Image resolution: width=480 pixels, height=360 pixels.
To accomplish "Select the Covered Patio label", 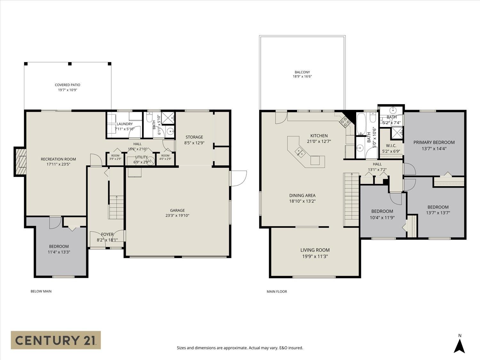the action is (x=67, y=85).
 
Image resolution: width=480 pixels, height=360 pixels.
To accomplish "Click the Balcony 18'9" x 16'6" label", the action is (x=302, y=74).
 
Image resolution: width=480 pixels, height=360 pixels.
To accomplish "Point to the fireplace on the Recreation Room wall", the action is (x=20, y=162).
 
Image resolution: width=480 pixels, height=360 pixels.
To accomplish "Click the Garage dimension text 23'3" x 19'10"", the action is (x=177, y=215).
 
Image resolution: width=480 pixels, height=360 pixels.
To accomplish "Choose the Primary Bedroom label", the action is (x=434, y=142).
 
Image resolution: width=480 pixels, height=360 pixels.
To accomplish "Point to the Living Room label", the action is (x=315, y=250).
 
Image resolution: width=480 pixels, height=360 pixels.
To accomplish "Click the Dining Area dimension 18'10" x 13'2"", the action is (x=302, y=201).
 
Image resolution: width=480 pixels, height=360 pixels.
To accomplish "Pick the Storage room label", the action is (x=194, y=137).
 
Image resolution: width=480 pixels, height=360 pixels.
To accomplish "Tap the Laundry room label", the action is (x=125, y=124).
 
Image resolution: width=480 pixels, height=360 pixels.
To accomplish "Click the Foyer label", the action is (x=107, y=234).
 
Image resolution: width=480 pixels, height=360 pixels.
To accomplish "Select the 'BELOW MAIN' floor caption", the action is (x=41, y=291).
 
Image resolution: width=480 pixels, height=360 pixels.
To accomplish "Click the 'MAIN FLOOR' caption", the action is (x=276, y=292).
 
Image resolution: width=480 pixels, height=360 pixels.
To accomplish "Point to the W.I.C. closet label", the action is (x=391, y=146).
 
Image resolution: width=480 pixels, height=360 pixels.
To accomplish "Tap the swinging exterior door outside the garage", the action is (x=238, y=178).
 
